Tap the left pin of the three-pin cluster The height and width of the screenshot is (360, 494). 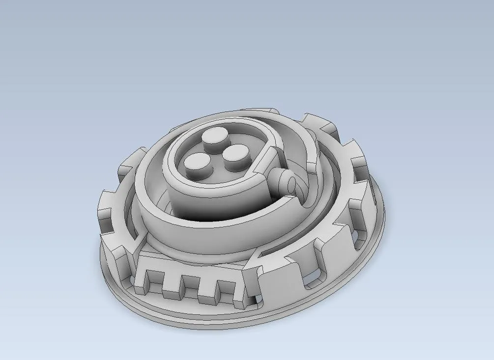coord(196,163)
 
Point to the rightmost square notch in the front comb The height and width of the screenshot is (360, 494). coord(225,284)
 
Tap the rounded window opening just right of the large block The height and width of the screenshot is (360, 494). coord(312,278)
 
